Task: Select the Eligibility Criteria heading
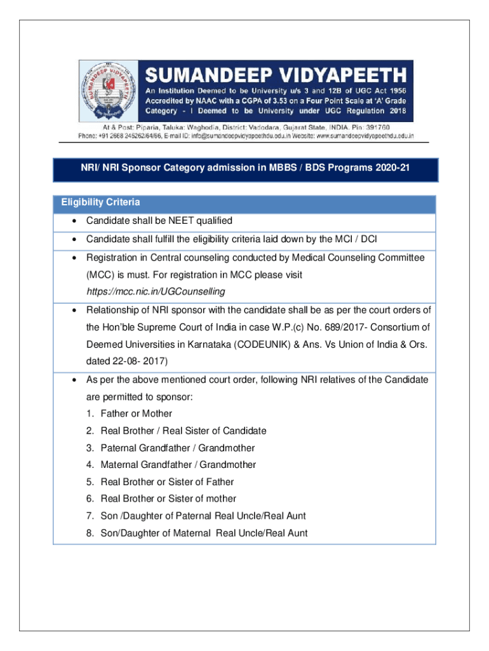pos(100,203)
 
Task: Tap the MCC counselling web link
pos(156,291)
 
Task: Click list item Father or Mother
pos(136,414)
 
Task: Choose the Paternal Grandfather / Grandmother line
pos(178,448)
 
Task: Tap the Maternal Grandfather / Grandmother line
pos(179,465)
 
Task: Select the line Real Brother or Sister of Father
pos(167,482)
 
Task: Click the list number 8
pos(90,533)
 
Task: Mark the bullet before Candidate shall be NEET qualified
pos(75,221)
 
